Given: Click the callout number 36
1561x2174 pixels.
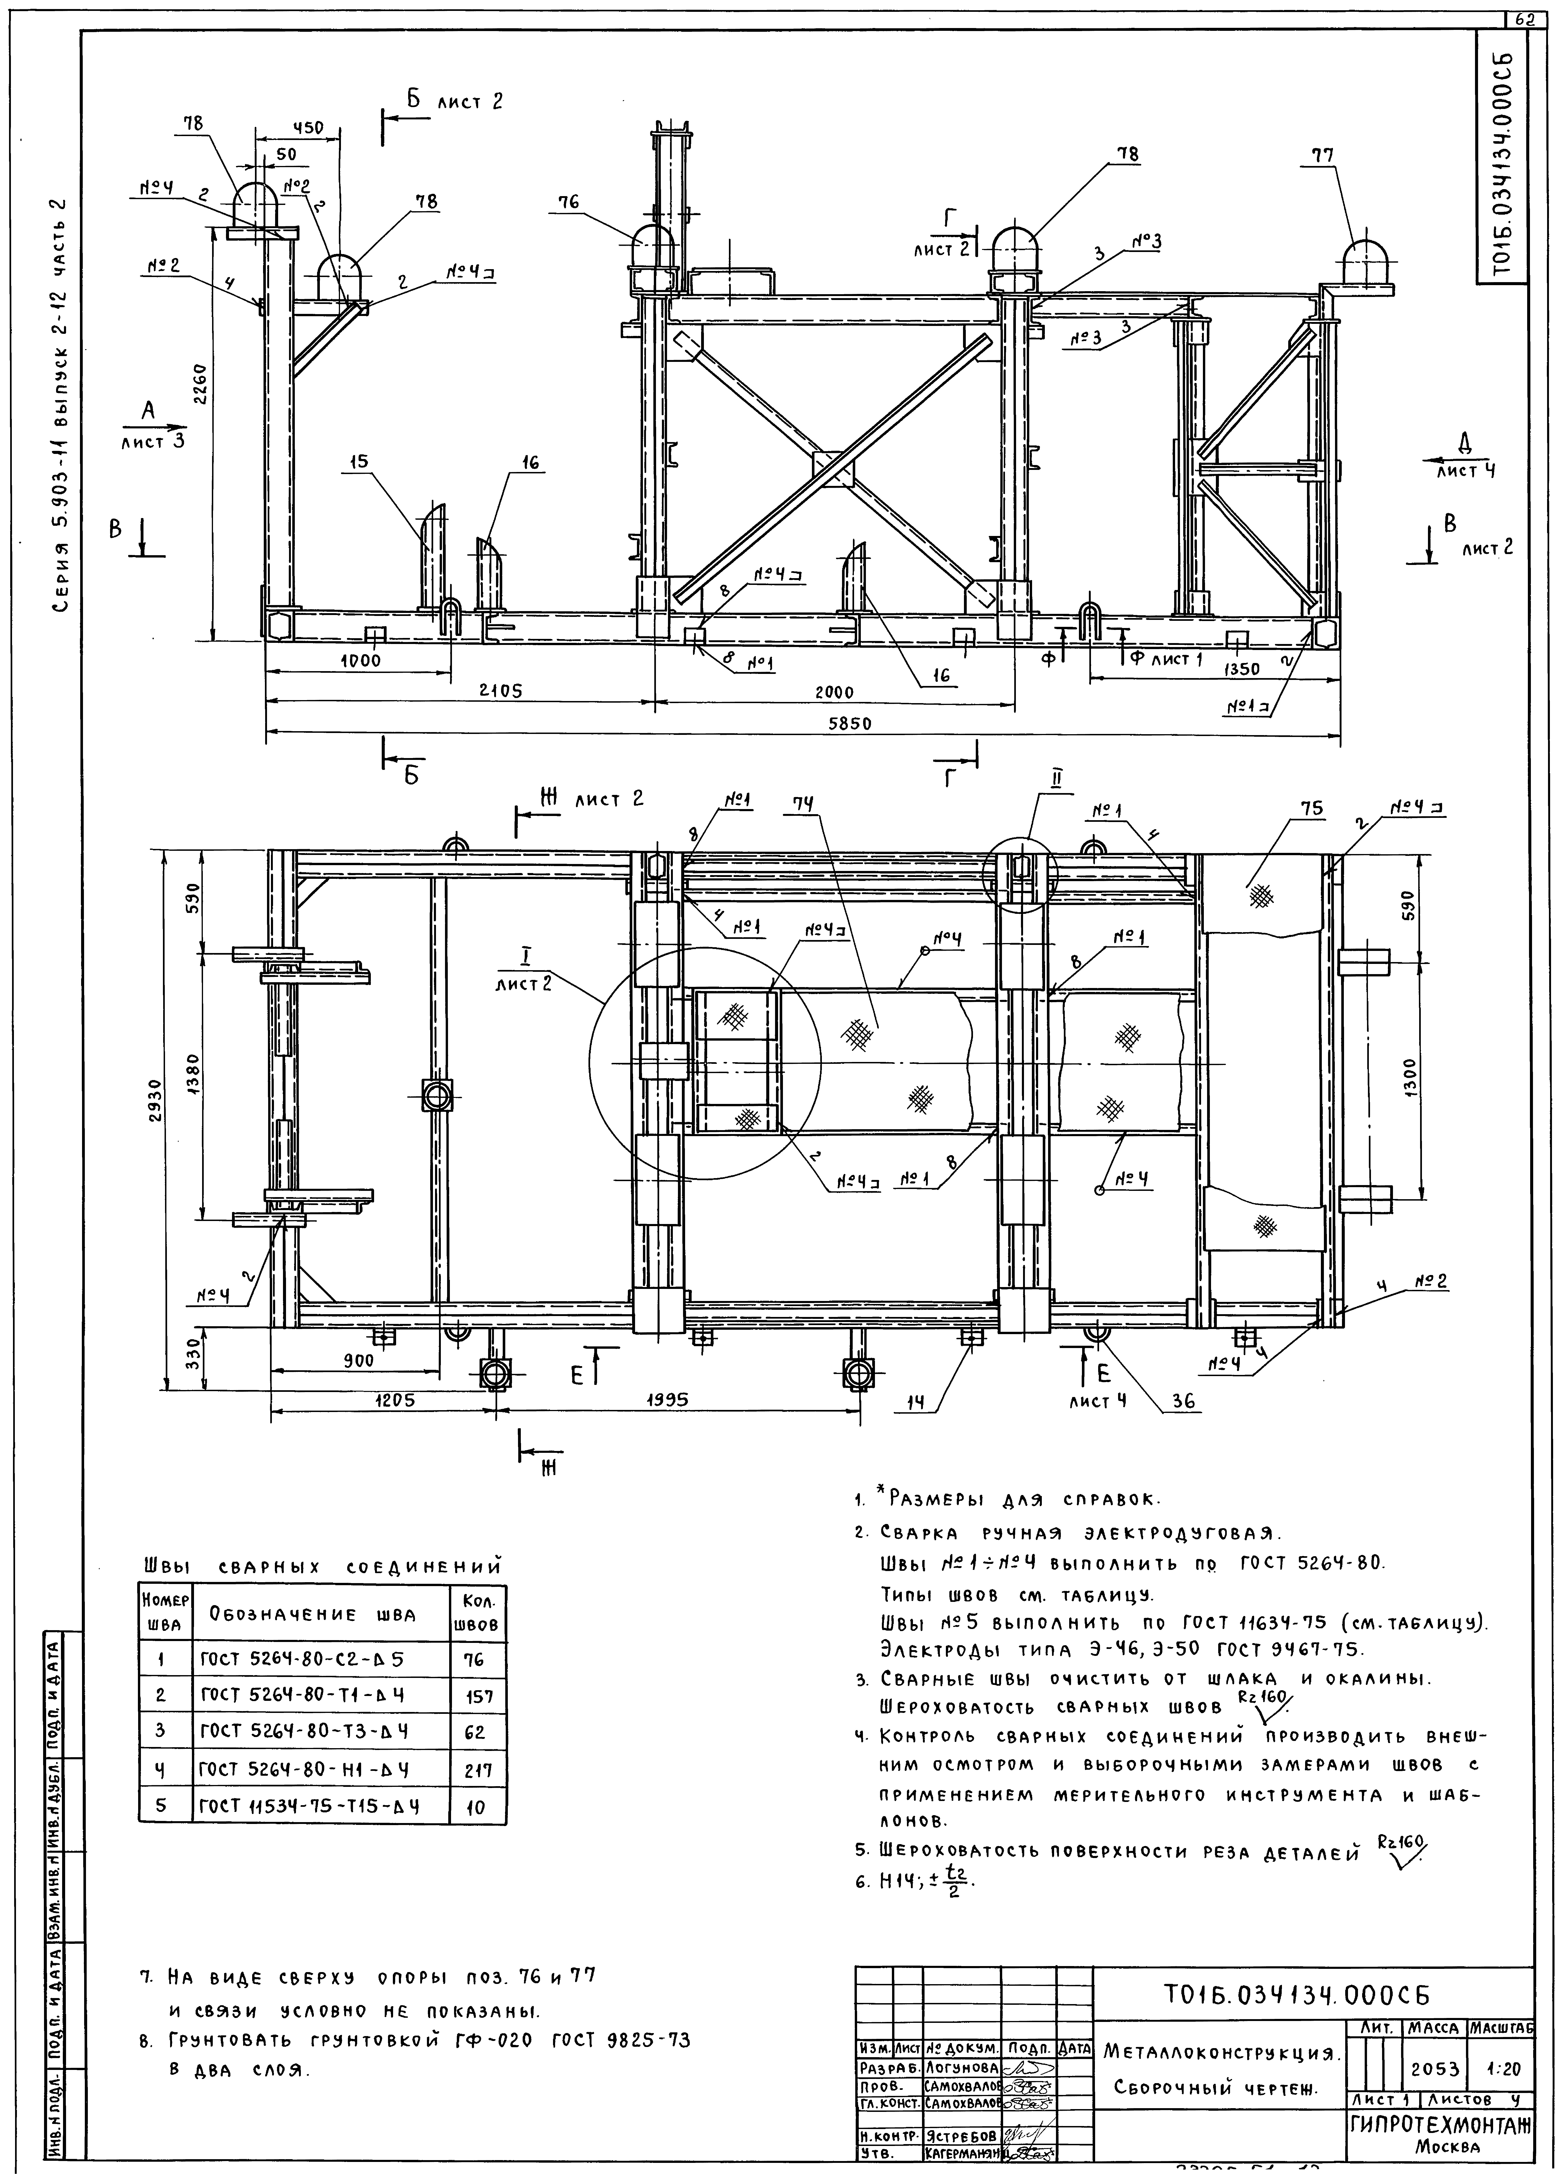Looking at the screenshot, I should click(x=1184, y=1401).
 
